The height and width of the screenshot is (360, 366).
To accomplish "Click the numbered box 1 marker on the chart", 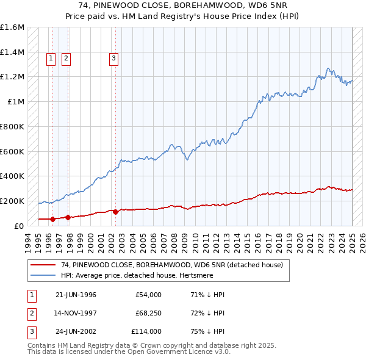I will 50,59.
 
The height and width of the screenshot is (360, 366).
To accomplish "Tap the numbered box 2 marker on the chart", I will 65,59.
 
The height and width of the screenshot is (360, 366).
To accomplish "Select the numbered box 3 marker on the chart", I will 113,59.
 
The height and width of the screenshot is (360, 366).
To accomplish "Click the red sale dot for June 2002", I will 115,212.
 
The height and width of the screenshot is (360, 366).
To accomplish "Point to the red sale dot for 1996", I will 52,218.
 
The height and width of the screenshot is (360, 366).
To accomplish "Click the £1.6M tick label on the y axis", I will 12,27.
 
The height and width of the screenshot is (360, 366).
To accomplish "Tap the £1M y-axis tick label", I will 16,102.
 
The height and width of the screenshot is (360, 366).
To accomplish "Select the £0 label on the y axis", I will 20,226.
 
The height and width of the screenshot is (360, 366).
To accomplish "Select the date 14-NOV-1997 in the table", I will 76,313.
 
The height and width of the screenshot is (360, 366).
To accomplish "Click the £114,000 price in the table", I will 146,331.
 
